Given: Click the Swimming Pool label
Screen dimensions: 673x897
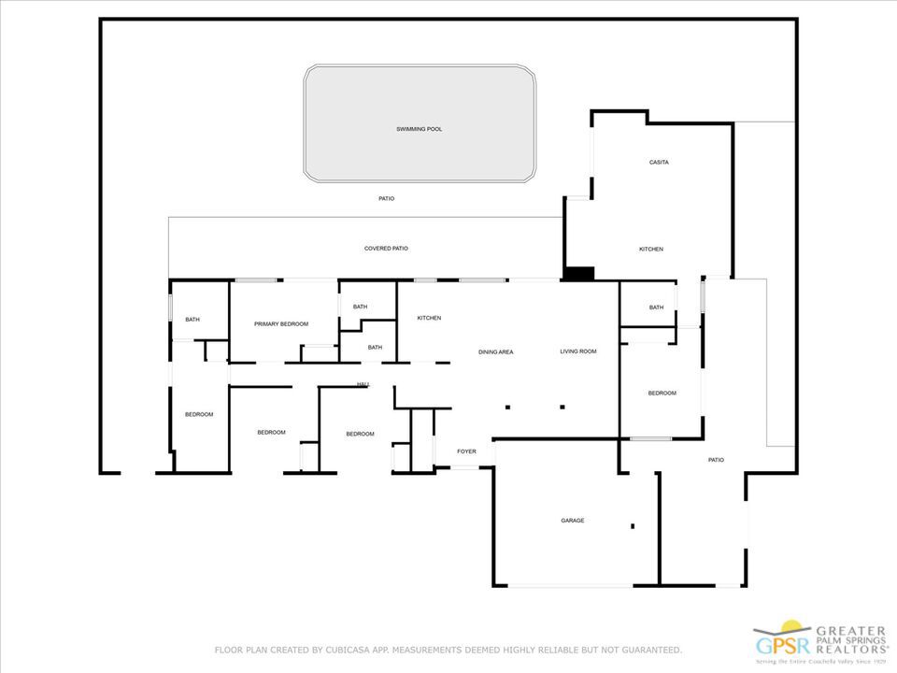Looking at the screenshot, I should click(419, 129).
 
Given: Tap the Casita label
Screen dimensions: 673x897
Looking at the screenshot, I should click(659, 163).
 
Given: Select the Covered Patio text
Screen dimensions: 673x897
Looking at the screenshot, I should click(386, 249).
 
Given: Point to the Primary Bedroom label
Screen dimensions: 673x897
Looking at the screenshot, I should click(281, 324).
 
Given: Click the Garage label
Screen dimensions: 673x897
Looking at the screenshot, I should click(572, 521).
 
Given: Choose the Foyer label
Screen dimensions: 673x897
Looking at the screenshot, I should click(466, 452).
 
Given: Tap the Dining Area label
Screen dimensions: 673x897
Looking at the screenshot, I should click(496, 352).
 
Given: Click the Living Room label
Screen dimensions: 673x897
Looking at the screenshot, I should click(577, 351).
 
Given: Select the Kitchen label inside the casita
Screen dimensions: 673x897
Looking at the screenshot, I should click(651, 250).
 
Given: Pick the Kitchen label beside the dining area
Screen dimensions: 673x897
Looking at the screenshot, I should click(429, 319).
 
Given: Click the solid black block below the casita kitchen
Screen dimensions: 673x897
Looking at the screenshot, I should click(579, 274).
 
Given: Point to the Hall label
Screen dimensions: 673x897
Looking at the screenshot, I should click(363, 384).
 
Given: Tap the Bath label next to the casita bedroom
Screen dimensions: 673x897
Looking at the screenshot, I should click(656, 308).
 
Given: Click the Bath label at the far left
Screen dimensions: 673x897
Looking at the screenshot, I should click(192, 321).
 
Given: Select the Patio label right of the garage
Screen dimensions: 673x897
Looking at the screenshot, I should click(716, 460).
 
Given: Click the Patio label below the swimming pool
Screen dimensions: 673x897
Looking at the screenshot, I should click(386, 199).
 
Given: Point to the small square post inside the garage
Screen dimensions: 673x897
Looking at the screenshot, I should click(633, 525).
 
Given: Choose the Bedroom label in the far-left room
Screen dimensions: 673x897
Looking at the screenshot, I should click(199, 415).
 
